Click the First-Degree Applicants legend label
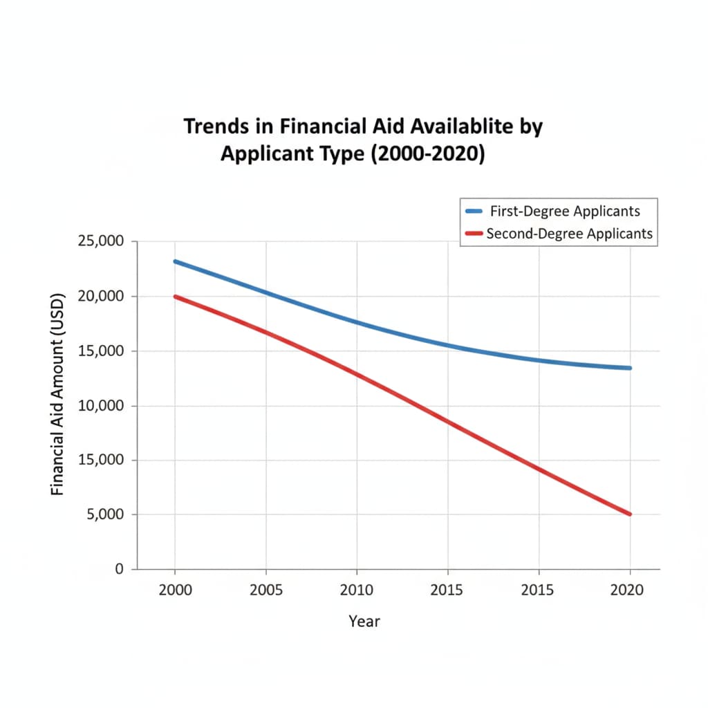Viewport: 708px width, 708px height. point(564,211)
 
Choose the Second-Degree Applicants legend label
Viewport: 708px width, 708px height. point(569,234)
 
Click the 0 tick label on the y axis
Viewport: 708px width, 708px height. point(118,569)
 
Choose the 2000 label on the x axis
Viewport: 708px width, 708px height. point(174,590)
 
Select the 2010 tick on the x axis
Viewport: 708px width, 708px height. point(357,590)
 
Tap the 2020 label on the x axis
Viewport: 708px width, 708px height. point(629,590)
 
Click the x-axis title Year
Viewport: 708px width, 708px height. point(364,621)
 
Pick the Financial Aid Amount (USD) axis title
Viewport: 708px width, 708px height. point(57,395)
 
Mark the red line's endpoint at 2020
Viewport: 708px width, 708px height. point(629,514)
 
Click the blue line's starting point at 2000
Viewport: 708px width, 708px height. point(175,261)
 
